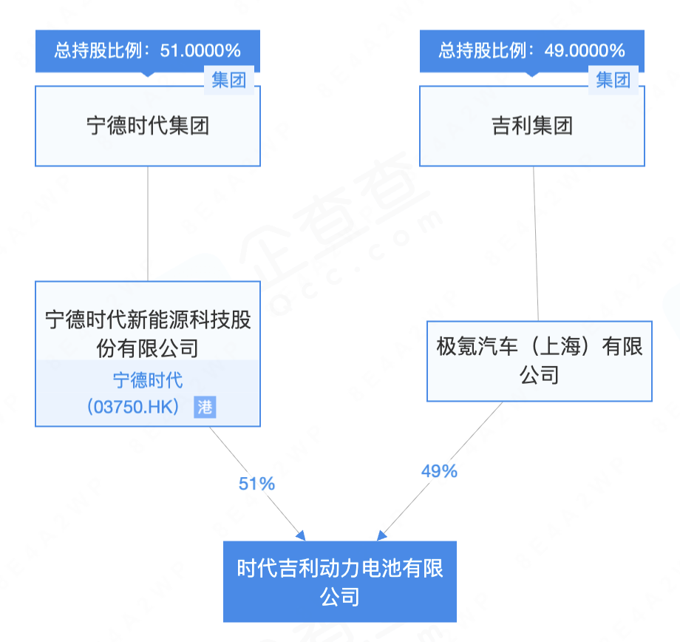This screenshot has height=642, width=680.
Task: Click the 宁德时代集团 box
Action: tap(147, 126)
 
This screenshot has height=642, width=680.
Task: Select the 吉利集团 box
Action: tap(532, 126)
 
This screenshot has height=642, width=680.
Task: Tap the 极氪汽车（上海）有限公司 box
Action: tap(540, 361)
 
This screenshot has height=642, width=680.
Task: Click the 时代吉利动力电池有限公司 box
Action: tap(340, 581)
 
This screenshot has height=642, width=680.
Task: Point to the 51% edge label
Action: tap(256, 484)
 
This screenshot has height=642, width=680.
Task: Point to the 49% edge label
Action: tap(439, 471)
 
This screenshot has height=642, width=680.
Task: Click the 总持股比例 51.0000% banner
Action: tap(147, 51)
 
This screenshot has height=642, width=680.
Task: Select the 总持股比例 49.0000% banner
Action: tap(532, 51)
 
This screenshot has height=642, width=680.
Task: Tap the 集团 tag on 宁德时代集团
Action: tap(229, 80)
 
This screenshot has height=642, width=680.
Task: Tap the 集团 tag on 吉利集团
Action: tap(613, 80)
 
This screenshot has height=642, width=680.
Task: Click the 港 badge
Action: tap(205, 407)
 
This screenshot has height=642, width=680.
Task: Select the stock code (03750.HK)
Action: tap(133, 407)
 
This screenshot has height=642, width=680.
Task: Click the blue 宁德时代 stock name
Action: tap(148, 380)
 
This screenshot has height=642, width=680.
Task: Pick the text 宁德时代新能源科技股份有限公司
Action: tap(148, 334)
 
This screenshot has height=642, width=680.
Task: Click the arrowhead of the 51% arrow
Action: tap(301, 536)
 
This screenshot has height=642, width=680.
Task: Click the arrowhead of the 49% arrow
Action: tap(381, 536)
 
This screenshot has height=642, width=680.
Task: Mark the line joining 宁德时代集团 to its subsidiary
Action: tap(148, 223)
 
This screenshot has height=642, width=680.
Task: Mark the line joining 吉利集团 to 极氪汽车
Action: tap(536, 243)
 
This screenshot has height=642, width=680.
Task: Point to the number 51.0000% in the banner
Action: tap(200, 51)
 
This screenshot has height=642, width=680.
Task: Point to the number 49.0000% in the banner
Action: tap(585, 51)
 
